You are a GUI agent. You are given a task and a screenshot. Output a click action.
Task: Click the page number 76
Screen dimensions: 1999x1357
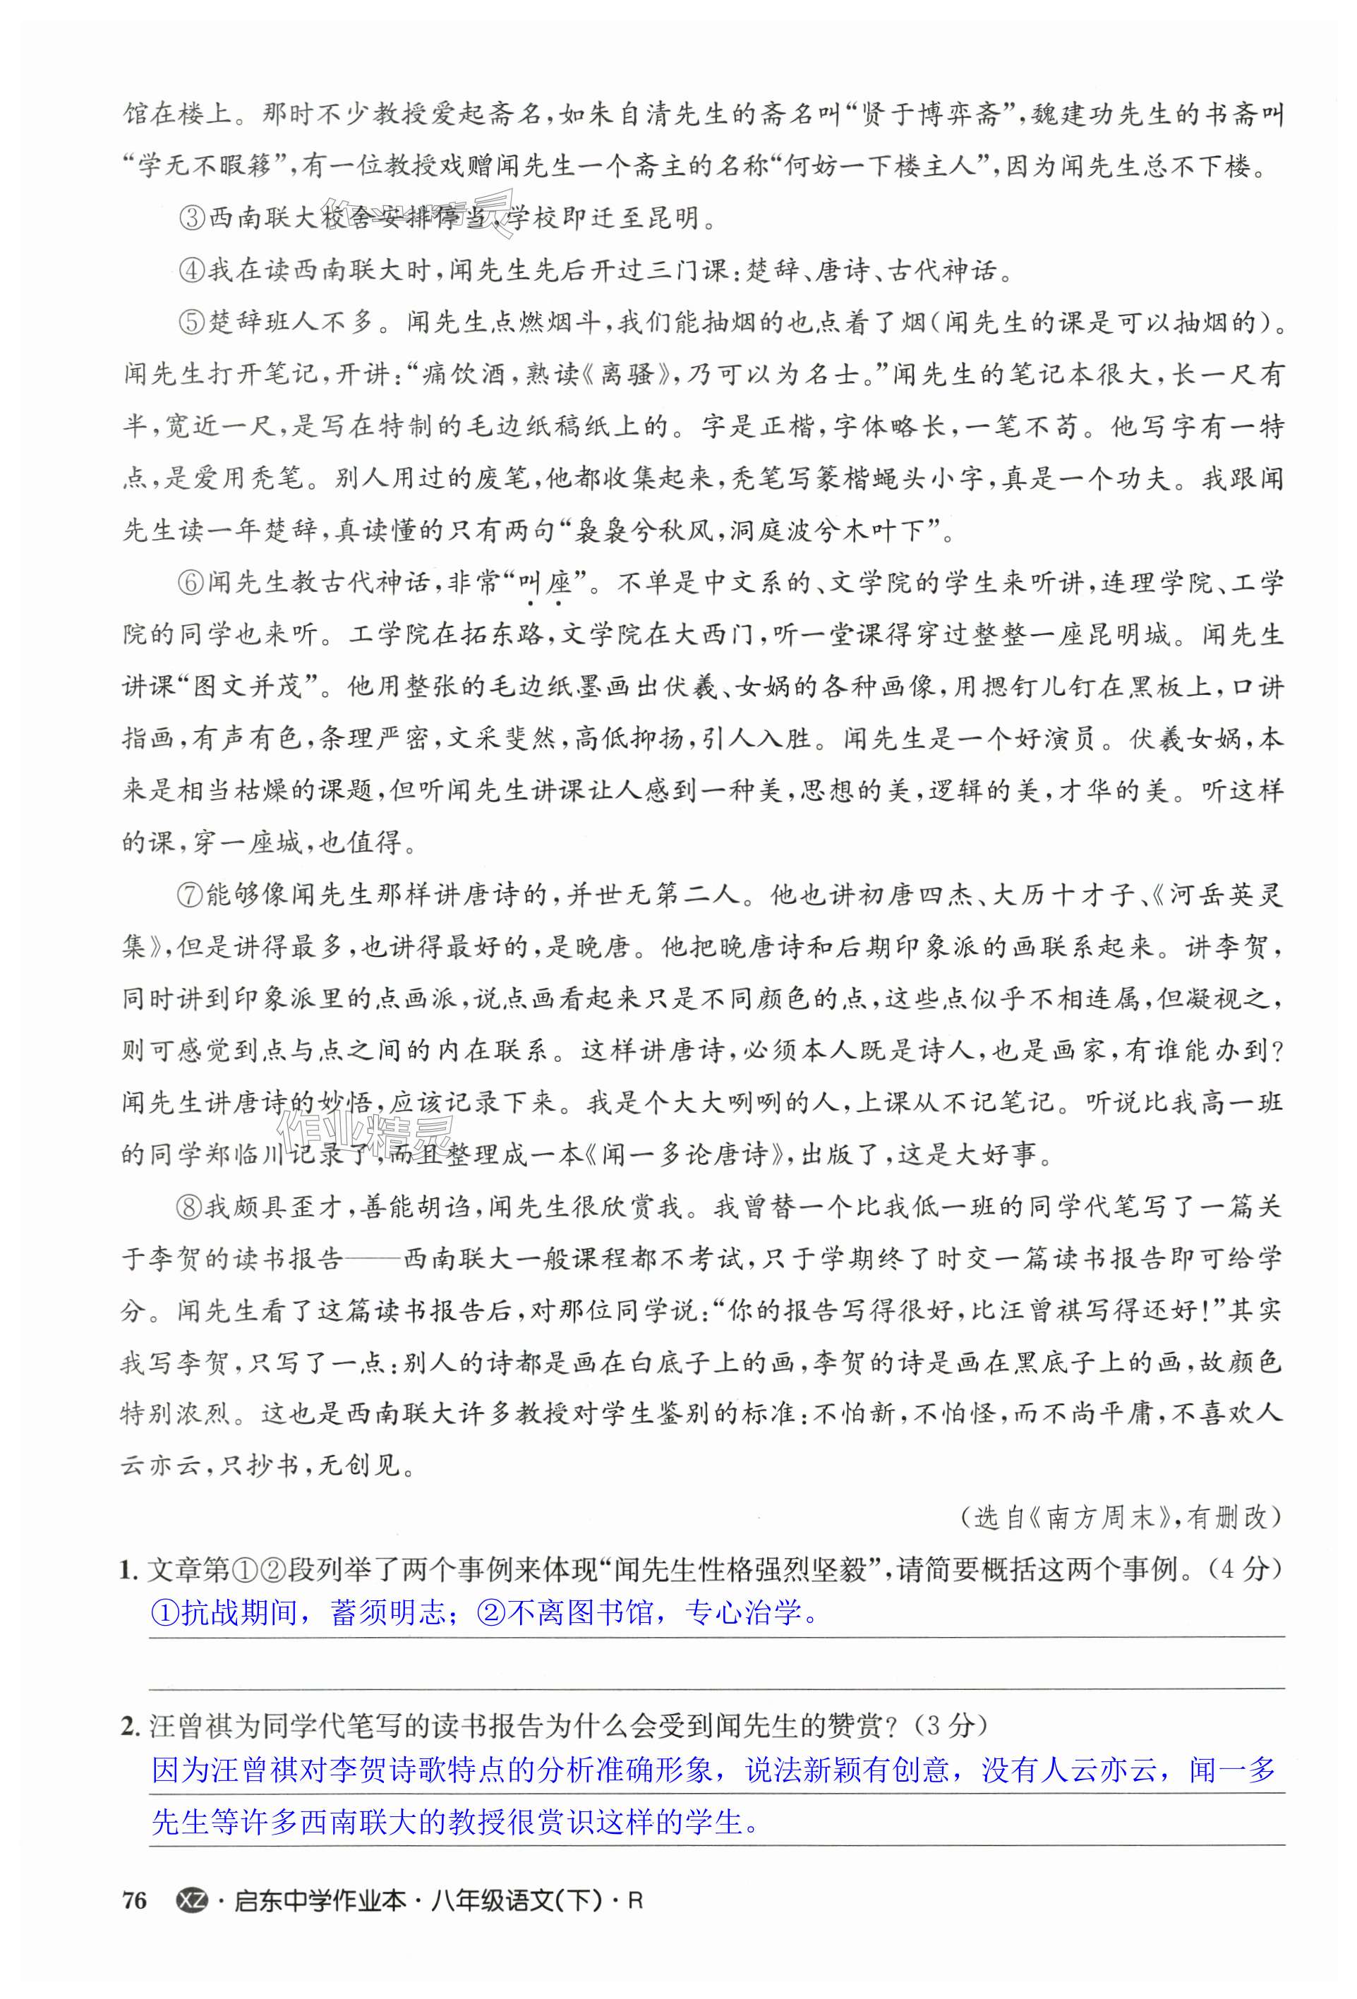point(134,1900)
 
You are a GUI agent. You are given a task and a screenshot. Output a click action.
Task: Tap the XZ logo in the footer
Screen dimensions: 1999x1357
point(191,1900)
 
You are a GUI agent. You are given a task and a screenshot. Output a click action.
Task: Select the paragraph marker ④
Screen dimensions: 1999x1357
point(192,271)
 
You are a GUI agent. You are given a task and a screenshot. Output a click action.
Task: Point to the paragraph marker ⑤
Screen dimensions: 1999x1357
point(192,323)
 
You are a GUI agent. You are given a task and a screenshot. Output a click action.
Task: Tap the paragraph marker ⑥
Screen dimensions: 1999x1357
point(192,583)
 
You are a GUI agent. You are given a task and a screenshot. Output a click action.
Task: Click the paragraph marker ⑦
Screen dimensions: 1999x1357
point(192,895)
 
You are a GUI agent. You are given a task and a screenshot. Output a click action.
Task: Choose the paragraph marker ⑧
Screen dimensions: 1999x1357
point(192,1207)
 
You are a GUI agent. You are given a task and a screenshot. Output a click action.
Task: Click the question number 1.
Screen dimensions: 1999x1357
point(129,1570)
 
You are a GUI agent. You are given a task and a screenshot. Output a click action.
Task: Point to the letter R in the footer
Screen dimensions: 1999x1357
point(635,1901)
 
